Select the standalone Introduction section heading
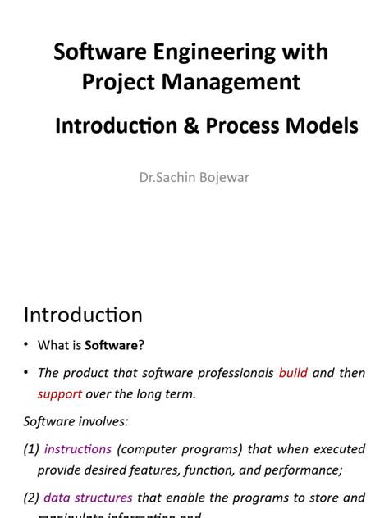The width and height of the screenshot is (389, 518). pos(83,315)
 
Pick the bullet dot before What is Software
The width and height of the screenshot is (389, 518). pos(26,345)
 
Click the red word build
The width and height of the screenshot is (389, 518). pos(293,373)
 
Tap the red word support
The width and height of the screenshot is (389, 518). pos(60,394)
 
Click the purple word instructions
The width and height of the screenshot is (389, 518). pos(78,449)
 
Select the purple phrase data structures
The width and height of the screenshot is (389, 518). pos(88,498)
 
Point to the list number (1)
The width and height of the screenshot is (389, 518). pos(31,449)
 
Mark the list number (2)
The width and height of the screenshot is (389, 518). pos(31,498)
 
